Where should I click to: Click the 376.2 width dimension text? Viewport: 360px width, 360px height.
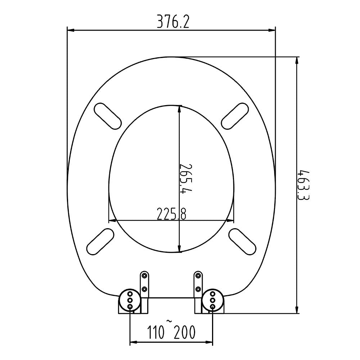[172, 23]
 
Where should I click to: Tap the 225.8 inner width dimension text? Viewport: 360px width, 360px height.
[171, 215]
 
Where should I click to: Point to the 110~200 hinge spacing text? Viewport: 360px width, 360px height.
[171, 332]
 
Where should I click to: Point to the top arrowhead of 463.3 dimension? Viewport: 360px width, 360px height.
[297, 60]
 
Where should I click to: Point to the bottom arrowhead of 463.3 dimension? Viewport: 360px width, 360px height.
[297, 310]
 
